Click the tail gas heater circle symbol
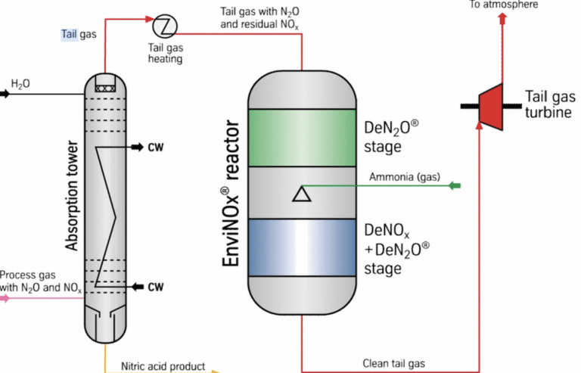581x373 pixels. pos(165,26)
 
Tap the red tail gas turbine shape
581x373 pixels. pos(491,107)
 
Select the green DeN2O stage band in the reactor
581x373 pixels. pos(302,138)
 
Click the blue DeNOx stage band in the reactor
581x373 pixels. pos(302,247)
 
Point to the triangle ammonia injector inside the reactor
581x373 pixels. pos(302,194)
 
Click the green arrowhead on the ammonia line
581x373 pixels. pos(455,185)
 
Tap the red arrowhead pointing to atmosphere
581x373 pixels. pos(502,18)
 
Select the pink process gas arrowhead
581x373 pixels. pos(5,298)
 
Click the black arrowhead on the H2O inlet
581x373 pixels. pos(5,94)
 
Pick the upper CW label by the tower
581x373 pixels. pos(156,148)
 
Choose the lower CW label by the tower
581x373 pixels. pos(156,287)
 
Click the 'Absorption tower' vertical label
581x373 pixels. pos(72,195)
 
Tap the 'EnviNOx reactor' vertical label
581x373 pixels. pos(231,193)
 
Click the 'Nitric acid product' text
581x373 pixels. pos(163,366)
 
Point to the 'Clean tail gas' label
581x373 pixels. pos(393,363)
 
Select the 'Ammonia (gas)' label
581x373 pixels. pos(405,177)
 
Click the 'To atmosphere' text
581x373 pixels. pos(504,5)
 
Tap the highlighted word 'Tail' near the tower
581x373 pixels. pos(70,35)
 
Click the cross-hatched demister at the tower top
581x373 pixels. pos(105,89)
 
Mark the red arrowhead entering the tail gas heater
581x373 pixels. pos(150,19)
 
